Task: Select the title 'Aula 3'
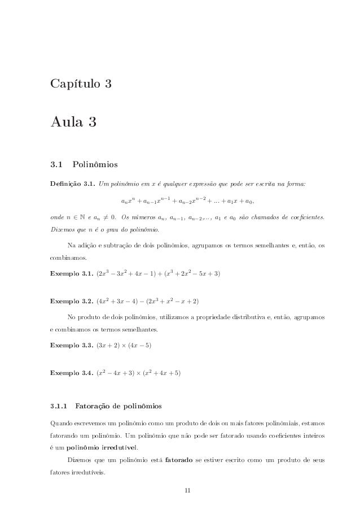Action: coord(69,121)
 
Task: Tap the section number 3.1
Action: coord(56,165)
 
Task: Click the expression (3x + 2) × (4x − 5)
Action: coord(125,344)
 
